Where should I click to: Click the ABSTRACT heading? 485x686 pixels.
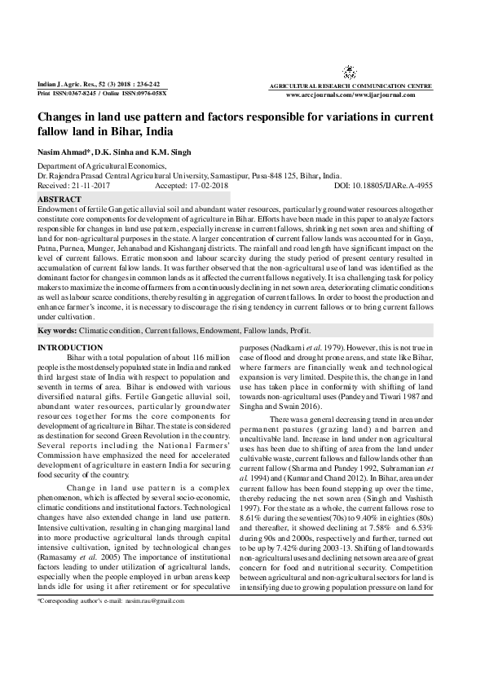[x=60, y=200]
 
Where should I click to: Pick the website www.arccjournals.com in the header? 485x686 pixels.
[x=321, y=95]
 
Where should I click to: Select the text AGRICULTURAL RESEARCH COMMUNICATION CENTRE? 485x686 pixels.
[x=351, y=86]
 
